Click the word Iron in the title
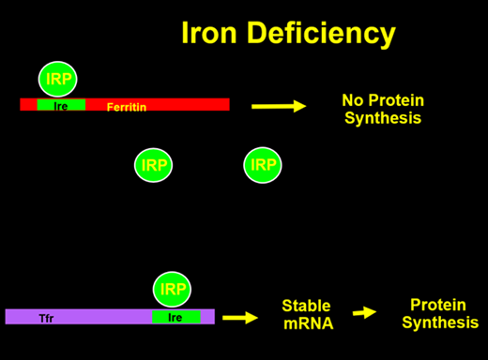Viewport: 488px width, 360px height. tap(213, 36)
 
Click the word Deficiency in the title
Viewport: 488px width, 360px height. tap(322, 36)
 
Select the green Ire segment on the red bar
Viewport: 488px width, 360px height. tap(61, 105)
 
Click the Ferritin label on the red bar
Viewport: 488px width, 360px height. tap(126, 107)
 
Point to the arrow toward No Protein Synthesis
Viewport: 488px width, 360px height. tap(279, 106)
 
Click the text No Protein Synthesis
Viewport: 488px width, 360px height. tap(382, 109)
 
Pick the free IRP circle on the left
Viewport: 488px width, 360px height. tap(153, 165)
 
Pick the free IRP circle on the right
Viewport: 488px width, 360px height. tap(263, 165)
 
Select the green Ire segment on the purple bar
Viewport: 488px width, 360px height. tap(175, 317)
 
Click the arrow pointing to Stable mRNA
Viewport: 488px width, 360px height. tap(239, 317)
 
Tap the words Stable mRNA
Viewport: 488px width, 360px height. tap(307, 314)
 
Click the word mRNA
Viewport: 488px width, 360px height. tap(307, 322)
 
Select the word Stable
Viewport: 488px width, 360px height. tap(307, 306)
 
